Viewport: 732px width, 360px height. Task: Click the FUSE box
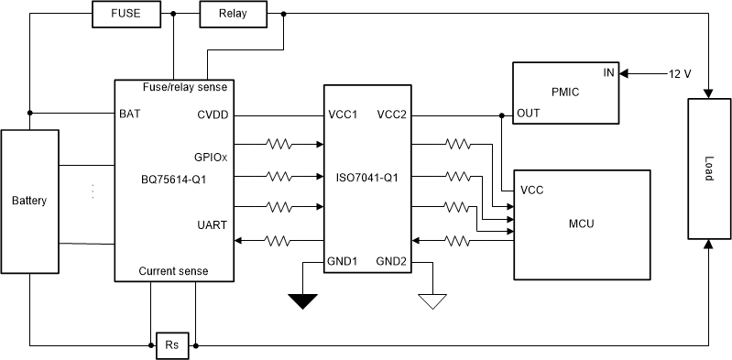(126, 15)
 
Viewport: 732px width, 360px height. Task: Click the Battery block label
(28, 200)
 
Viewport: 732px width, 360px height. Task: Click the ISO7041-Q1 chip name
(367, 178)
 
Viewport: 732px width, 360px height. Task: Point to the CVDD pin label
(213, 115)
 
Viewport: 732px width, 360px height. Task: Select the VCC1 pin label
(344, 115)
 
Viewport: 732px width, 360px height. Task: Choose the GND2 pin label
(390, 262)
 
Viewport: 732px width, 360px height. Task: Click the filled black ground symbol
(301, 300)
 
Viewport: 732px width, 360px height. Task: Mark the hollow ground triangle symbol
(431, 300)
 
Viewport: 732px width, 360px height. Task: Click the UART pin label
(213, 224)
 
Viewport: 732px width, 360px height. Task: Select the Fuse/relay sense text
(185, 87)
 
